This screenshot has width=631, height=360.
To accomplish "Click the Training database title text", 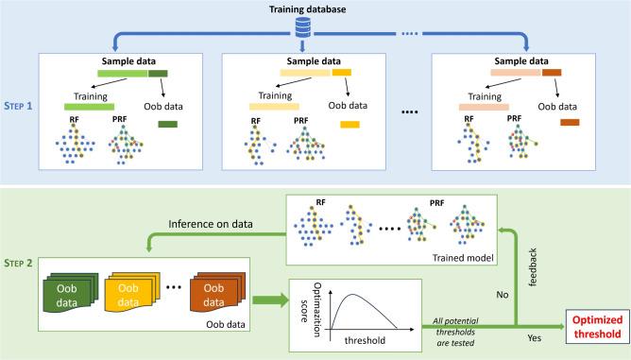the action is (307, 9).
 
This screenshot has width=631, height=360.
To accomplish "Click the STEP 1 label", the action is (18, 106).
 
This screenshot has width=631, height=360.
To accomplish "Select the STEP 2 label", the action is (18, 263).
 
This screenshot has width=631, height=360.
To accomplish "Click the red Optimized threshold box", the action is (598, 327).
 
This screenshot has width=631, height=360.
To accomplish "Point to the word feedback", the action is (533, 267).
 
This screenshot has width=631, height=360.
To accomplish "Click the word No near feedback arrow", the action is (503, 295).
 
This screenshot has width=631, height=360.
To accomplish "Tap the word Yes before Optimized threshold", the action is (535, 338).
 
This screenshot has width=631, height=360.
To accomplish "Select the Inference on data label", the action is (211, 224).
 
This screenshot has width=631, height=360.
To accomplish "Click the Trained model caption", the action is (463, 258).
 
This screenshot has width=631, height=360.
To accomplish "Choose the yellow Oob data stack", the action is (132, 292).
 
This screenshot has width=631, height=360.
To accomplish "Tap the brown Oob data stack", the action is (217, 292).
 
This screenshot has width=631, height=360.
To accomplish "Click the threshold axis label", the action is (365, 341).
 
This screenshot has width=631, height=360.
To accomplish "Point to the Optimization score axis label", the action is (311, 310).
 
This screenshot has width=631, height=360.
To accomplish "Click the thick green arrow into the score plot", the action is (270, 300).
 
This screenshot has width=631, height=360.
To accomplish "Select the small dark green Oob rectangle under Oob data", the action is (168, 125).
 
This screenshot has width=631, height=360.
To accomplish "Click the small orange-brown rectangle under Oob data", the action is (570, 122).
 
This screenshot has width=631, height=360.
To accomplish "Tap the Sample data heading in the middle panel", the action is (314, 61).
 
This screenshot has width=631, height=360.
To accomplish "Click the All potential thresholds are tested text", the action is (455, 333).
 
